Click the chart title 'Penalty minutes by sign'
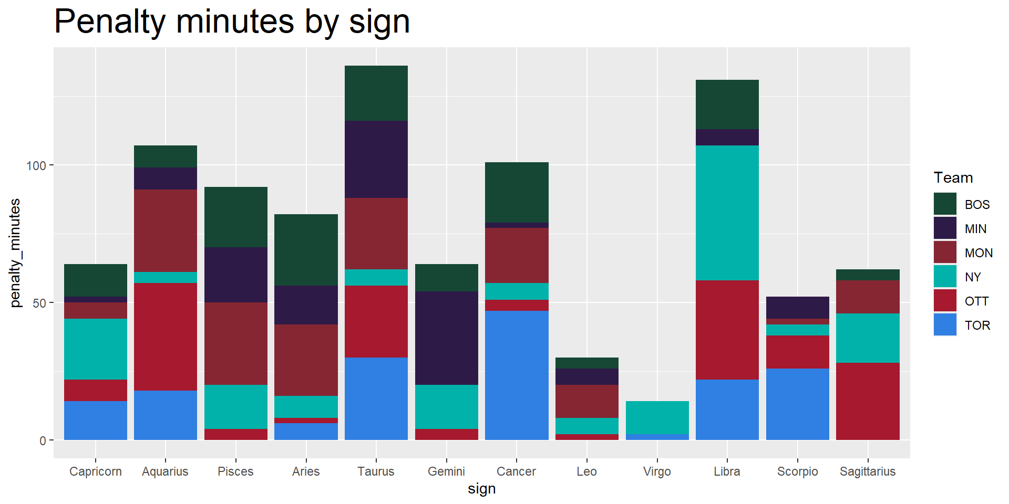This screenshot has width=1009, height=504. (x=232, y=22)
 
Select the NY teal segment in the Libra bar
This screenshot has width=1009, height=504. (x=727, y=213)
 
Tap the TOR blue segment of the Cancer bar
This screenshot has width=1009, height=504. (x=517, y=375)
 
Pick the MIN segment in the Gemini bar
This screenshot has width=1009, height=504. (x=446, y=338)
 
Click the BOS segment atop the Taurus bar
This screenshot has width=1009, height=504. (x=376, y=93)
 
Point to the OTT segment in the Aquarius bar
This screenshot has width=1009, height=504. (x=166, y=336)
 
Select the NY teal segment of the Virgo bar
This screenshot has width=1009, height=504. (x=657, y=417)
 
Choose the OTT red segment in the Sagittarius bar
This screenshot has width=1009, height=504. (x=868, y=401)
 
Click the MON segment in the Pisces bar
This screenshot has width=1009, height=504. (x=235, y=343)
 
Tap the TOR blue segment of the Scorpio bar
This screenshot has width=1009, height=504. (x=797, y=404)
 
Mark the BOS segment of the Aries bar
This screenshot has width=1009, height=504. (x=306, y=249)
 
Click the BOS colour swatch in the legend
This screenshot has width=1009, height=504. (x=945, y=204)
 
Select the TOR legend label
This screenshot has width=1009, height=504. (x=977, y=325)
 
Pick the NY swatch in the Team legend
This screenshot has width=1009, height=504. (x=945, y=277)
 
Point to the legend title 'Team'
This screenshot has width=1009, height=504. (x=953, y=178)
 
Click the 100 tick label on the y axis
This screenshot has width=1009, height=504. (x=36, y=166)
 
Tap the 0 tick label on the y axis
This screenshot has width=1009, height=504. (x=43, y=441)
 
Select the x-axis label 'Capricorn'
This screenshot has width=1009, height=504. (x=96, y=471)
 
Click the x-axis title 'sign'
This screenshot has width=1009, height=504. (x=481, y=489)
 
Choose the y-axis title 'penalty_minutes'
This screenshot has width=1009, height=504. (x=15, y=253)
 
